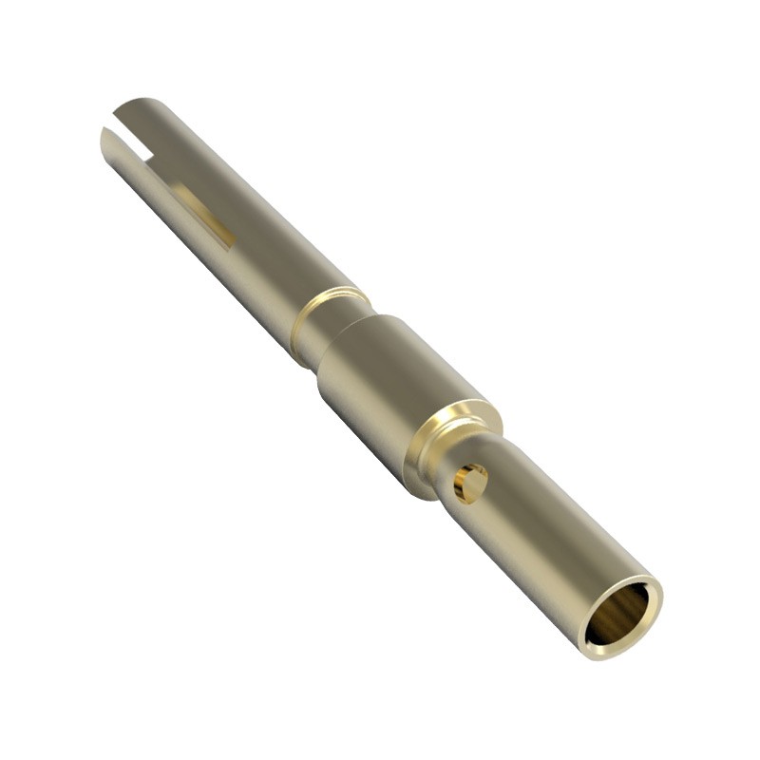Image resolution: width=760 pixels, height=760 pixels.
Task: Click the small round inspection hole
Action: [469, 483]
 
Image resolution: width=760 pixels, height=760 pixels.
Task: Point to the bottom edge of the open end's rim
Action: [608, 654]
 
